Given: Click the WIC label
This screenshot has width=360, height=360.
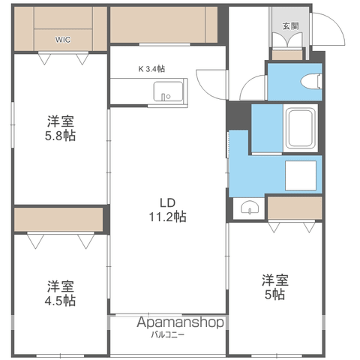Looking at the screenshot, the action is point(63,40).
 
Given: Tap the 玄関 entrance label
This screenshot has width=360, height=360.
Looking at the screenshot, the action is point(291,25).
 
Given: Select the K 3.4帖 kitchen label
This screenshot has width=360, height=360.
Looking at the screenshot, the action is point(151,69).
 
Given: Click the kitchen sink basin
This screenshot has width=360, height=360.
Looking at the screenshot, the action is point(168,91).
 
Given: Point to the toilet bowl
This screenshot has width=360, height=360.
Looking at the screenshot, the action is point(310,81).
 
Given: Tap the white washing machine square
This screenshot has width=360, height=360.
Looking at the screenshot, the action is point(301,175).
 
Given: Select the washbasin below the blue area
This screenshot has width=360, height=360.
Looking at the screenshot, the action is point(250,207).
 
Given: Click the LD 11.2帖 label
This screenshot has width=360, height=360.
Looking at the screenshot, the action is point(167,210).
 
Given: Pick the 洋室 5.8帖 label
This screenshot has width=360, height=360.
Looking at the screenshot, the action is point(60,128).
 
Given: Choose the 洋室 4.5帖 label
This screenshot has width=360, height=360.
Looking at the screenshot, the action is point(60,293).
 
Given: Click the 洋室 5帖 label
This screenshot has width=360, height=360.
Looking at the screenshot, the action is point(275,287).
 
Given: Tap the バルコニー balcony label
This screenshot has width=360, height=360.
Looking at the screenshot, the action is point(168,334).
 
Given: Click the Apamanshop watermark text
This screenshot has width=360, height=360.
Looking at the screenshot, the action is point(180,322).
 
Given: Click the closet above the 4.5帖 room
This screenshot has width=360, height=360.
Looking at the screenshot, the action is point(58,220).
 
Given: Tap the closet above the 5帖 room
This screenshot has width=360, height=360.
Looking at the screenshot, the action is point(295,208).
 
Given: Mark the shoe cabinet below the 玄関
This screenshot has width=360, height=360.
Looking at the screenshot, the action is point(287,55).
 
